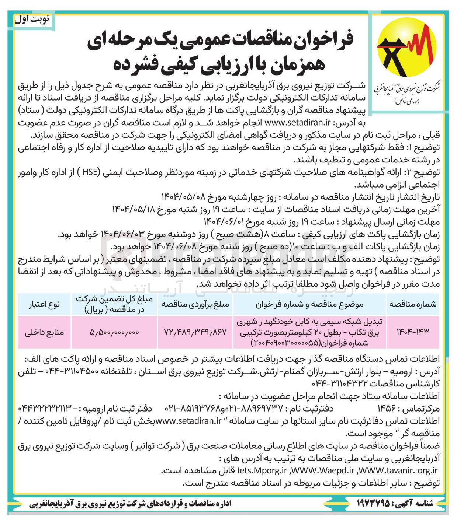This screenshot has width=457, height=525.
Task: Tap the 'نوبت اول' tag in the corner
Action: pos(32,20)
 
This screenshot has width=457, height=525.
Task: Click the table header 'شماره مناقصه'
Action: pos(413,304)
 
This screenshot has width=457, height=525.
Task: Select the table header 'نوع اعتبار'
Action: pos(44,304)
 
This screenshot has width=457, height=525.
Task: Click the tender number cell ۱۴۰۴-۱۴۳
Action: pos(413,332)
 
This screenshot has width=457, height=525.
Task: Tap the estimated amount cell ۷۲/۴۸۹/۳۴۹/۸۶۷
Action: pos(195,332)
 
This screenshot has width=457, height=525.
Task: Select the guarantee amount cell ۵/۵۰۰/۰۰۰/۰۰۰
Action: pos(114,332)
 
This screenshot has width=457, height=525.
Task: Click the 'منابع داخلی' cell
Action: pos(44,332)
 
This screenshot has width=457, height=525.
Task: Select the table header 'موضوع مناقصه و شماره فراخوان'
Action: pos(309,304)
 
